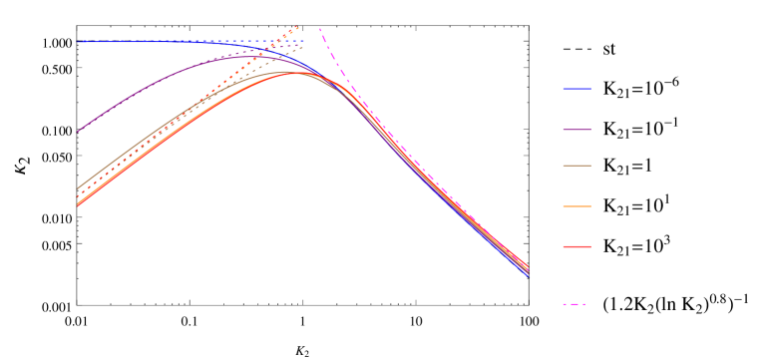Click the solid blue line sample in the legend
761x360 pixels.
[576, 89]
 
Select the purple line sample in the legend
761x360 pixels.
[576, 130]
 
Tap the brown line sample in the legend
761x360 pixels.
[576, 166]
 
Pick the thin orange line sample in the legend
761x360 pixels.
[576, 206]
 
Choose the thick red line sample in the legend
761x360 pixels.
[576, 246]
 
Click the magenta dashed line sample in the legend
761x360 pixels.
[573, 304]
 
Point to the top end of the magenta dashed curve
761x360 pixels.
[319, 28]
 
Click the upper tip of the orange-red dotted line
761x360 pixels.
[298, 26]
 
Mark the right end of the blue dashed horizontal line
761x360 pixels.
[304, 41]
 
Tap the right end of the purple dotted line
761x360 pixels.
[303, 45]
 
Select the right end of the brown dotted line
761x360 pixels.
[303, 47]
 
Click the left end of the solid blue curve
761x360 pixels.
[78, 42]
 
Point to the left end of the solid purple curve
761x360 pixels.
[78, 132]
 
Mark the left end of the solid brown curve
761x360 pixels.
[78, 187]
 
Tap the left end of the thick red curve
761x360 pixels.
[78, 204]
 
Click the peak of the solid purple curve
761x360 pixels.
[249, 56]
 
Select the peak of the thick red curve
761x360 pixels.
[297, 73]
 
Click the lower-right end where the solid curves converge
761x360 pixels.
[528, 271]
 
